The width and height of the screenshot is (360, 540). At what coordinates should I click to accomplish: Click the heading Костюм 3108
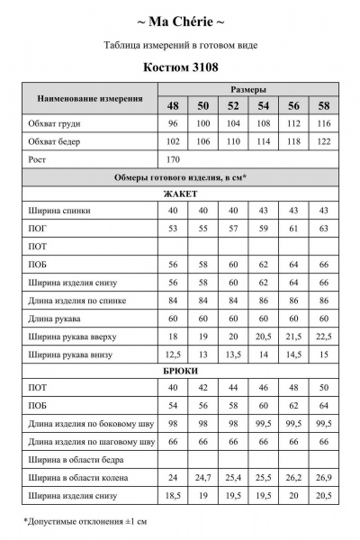click(180, 66)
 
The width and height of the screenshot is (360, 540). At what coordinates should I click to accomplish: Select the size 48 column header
click(174, 105)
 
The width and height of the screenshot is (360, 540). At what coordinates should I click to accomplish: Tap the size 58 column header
click(323, 105)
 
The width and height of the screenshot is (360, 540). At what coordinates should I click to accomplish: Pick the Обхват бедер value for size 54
click(264, 140)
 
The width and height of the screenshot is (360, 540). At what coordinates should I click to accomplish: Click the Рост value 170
click(174, 158)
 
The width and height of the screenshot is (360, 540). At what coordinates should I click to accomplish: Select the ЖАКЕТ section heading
click(180, 193)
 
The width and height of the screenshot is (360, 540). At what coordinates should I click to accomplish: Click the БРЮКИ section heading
click(180, 370)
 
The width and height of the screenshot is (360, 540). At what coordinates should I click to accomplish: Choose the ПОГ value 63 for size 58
click(323, 229)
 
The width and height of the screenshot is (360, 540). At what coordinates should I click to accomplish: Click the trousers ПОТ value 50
click(323, 388)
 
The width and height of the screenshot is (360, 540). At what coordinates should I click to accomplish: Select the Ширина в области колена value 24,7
click(203, 476)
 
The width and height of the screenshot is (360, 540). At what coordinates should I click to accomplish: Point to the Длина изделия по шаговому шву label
click(91, 441)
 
